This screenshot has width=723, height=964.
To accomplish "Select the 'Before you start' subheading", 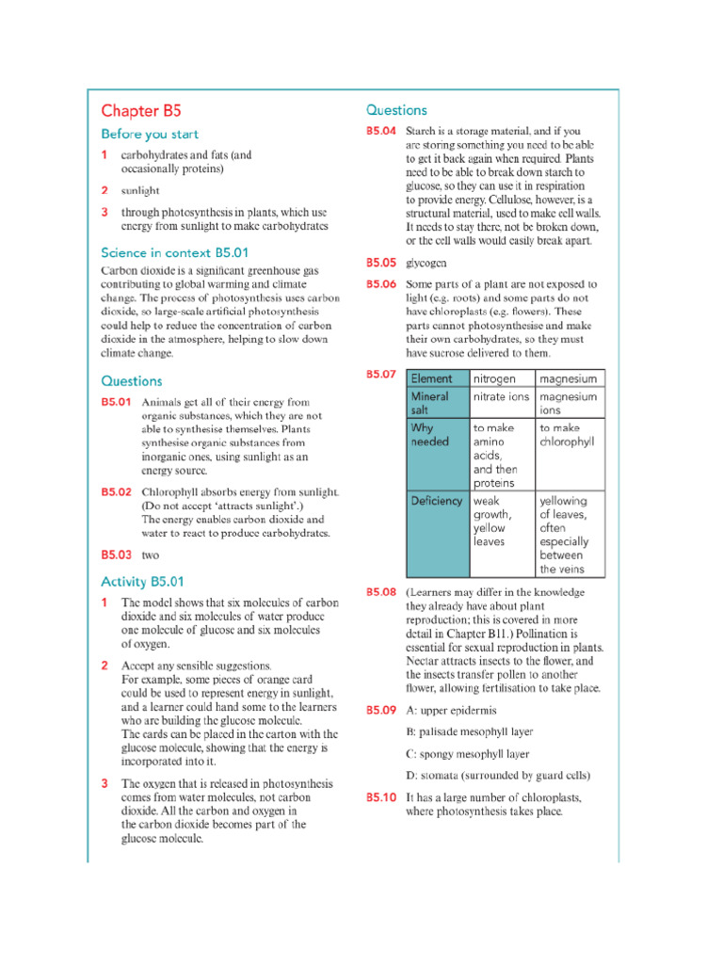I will tap(150, 135).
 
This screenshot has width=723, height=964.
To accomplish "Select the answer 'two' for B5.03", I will tap(151, 555).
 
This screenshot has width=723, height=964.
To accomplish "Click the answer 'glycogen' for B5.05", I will tap(426, 263).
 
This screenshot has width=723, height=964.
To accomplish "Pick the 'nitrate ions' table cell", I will tap(501, 397).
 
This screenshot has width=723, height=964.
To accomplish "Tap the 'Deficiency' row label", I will tap(437, 501).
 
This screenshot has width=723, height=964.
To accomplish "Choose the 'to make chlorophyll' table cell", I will tap(569, 434).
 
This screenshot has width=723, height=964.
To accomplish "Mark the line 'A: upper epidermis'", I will tap(451, 711).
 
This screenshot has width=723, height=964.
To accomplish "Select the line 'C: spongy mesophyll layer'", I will tap(467, 754).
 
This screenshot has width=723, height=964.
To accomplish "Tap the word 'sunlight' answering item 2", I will tap(140, 190).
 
